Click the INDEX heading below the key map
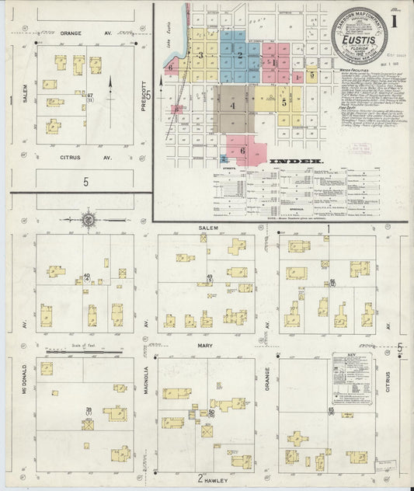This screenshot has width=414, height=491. pos(296,162)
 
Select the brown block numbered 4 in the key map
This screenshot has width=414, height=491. pos(232,106)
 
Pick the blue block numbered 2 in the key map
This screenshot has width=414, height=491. pos(241,55)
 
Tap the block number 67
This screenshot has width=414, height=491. pos(90,96)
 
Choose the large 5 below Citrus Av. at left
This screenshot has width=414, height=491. pos(82,181)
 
